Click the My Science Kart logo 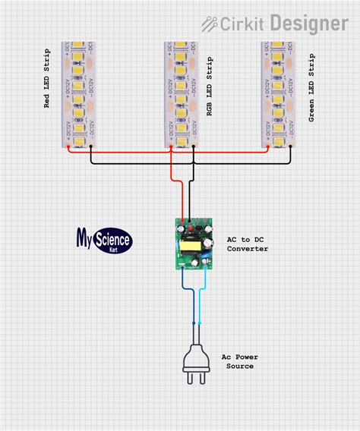point(104,241)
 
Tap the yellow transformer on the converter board point(187,247)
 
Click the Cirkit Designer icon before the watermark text point(210,24)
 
